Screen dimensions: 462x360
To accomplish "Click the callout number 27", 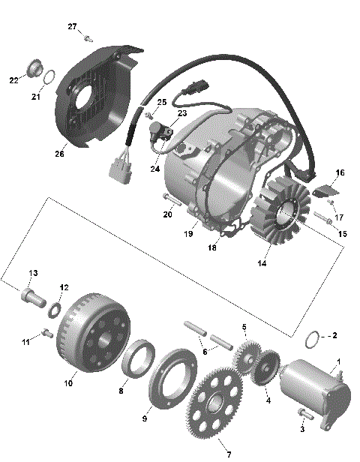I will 72,27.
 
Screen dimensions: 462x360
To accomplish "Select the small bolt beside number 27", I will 88,37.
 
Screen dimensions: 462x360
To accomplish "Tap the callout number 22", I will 14,79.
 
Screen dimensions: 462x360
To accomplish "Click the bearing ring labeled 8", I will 136,359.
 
